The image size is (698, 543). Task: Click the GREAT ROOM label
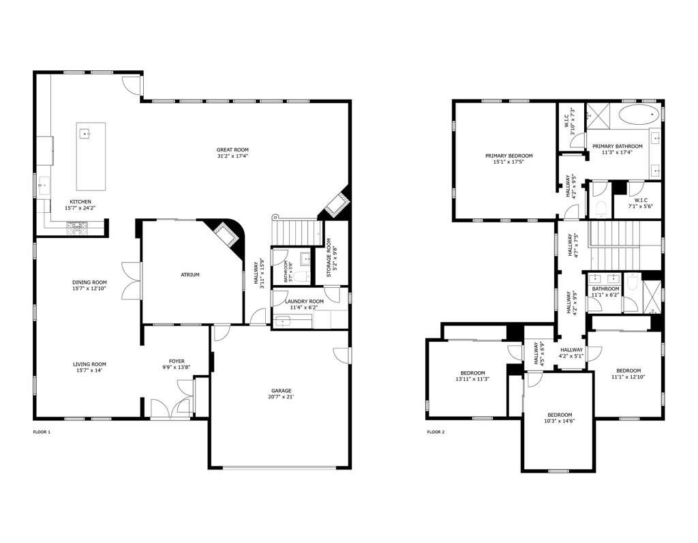tap(232, 150)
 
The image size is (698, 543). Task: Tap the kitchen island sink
tap(86, 134)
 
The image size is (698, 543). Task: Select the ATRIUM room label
tap(190, 275)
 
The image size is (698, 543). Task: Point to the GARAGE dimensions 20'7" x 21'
tap(282, 397)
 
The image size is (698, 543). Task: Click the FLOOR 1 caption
tap(42, 432)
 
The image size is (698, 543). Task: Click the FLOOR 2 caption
tap(436, 432)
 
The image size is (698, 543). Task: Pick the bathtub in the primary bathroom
tap(641, 114)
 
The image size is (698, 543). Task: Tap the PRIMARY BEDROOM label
tap(509, 156)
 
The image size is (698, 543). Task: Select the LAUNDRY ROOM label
tap(304, 301)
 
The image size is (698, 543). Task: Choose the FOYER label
tap(177, 362)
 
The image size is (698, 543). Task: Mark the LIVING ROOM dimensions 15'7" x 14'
tap(90, 370)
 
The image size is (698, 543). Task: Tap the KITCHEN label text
tap(80, 201)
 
